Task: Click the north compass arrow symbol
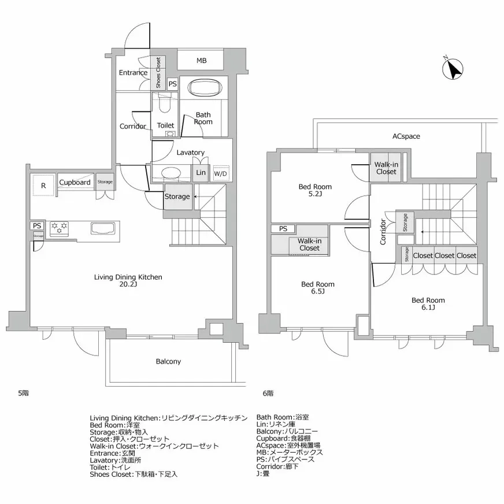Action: click(453, 69)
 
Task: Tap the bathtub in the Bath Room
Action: click(205, 88)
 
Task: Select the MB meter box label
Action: click(201, 61)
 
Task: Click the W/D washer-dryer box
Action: click(220, 173)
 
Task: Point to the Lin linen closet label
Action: click(201, 173)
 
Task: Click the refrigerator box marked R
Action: click(43, 186)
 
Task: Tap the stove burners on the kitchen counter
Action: click(60, 228)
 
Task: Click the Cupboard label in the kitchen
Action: click(75, 182)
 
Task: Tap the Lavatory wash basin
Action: click(171, 173)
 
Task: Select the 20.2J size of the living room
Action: click(128, 284)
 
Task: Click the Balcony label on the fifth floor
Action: click(168, 361)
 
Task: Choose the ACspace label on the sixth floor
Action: click(406, 136)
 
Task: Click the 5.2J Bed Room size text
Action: click(316, 195)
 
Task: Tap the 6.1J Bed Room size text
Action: click(428, 309)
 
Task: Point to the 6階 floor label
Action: click(268, 394)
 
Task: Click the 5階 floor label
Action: click(23, 393)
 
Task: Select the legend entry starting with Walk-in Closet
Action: click(154, 446)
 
